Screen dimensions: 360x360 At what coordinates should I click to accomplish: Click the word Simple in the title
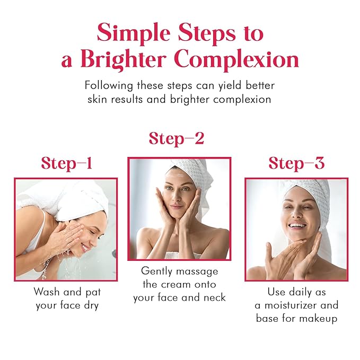(134, 33)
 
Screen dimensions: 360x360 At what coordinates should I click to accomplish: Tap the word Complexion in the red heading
(236, 60)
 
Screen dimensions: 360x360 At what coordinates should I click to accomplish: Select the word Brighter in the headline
(123, 60)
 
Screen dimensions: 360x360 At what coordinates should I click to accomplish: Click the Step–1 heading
(67, 163)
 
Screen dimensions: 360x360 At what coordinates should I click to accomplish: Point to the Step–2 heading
(177, 139)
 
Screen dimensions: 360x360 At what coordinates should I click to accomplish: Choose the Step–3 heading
(296, 163)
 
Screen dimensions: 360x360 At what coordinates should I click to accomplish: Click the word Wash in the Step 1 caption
(47, 292)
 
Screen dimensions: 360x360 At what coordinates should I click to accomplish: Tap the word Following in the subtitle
(109, 86)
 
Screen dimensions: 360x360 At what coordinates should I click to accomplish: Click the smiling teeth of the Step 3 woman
(297, 225)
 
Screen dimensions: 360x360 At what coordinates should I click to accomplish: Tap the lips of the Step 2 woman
(176, 207)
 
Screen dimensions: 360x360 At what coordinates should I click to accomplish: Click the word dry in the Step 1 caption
(91, 305)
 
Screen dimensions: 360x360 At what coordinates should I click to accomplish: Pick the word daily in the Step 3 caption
(300, 292)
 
